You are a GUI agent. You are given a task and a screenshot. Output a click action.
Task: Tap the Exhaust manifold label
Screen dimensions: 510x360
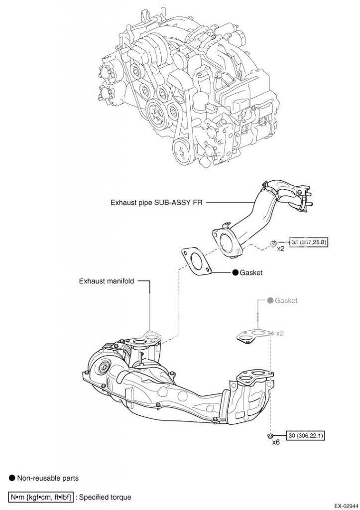tap(107, 281)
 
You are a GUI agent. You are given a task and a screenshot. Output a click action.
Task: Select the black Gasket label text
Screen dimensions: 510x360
tap(251, 273)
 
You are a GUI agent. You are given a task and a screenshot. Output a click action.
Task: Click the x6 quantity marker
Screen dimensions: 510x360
tap(276, 441)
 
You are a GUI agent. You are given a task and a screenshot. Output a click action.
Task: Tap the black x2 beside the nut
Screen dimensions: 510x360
tap(280, 248)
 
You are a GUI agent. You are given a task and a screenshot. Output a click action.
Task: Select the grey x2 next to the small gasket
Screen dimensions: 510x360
tap(280, 333)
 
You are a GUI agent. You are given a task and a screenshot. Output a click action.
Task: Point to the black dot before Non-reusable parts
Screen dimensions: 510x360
tap(12, 478)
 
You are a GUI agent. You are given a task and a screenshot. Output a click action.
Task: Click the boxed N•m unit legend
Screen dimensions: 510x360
tap(41, 497)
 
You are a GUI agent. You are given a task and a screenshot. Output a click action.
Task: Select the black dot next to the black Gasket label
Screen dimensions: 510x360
tap(235, 273)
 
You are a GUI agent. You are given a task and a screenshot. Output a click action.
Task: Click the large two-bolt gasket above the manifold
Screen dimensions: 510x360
tap(195, 261)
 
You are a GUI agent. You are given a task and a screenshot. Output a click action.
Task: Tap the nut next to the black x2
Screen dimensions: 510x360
tap(273, 243)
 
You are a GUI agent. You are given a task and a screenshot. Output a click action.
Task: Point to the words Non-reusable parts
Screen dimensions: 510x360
tap(48, 478)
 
